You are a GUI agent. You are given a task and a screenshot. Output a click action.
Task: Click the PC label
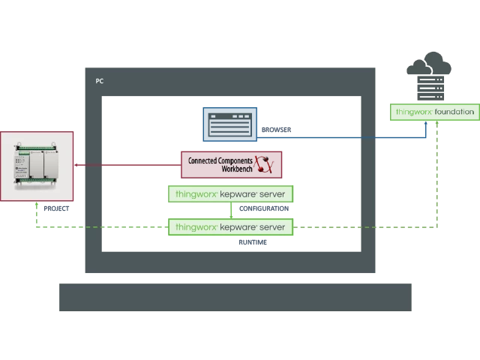tap(99, 81)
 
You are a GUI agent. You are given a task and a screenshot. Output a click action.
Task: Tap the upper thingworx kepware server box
tap(230, 194)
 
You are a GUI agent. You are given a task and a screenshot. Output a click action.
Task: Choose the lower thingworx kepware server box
tap(230, 226)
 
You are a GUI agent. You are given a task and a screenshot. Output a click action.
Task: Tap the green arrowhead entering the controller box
tap(37, 205)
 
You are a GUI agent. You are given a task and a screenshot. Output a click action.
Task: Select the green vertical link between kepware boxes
tap(230, 211)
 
